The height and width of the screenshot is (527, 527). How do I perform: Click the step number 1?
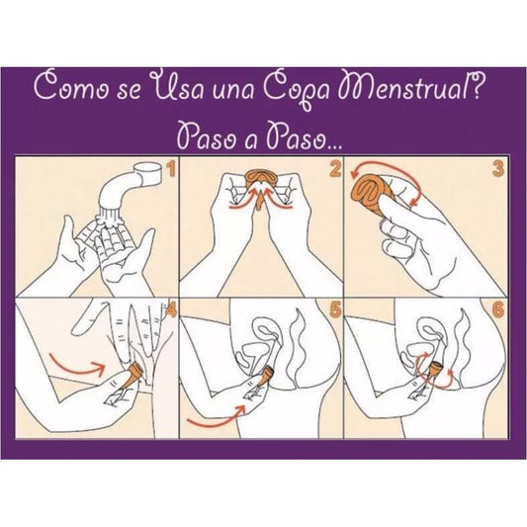(171, 171)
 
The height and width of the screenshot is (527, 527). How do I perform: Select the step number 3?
(499, 171)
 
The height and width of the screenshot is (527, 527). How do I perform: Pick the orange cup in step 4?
(129, 377)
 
